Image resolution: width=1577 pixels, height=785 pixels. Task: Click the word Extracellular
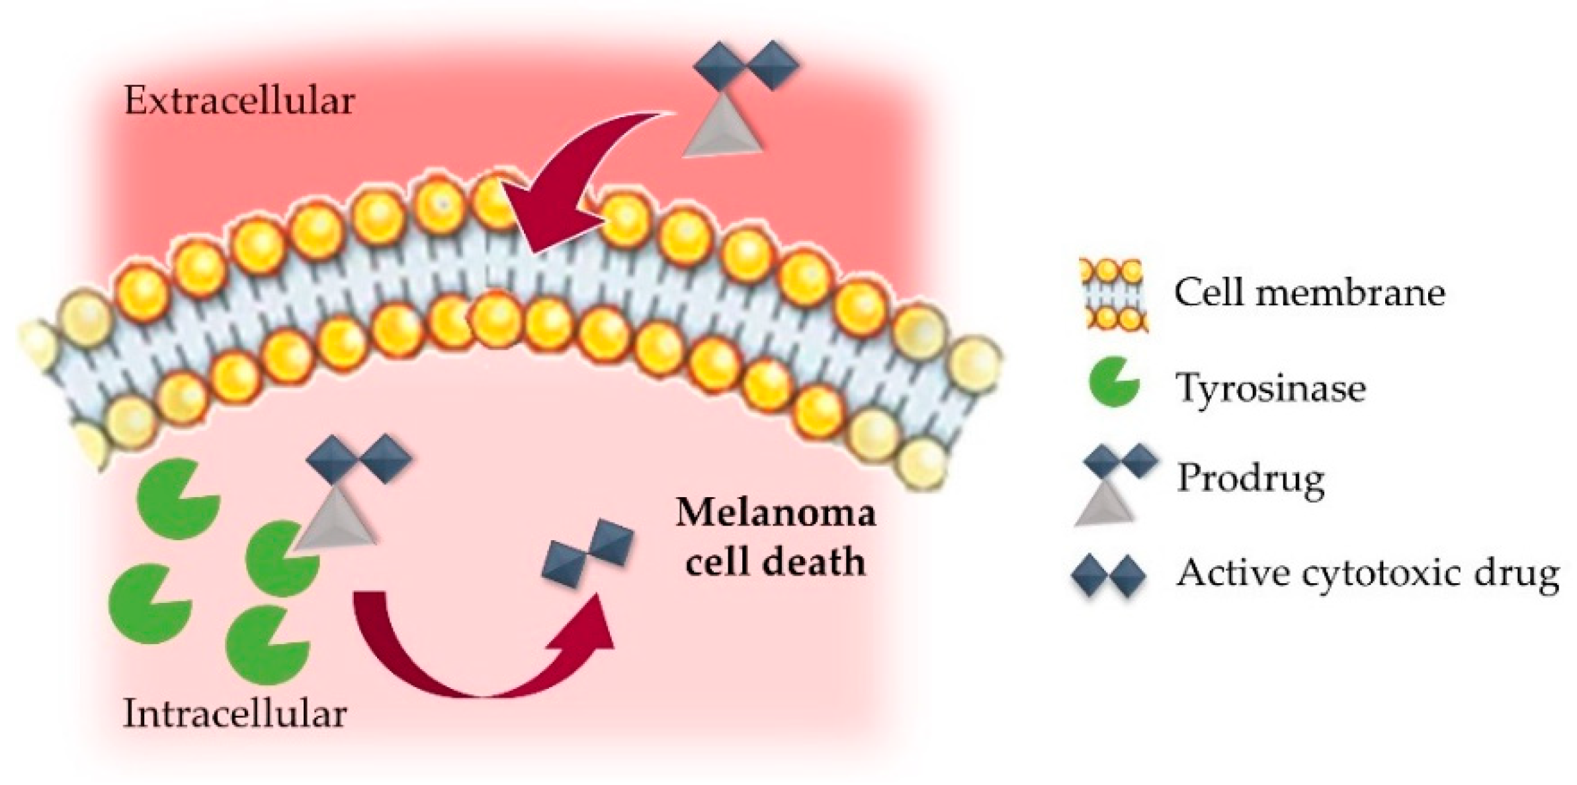239,102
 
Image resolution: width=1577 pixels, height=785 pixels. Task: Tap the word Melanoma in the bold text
775,513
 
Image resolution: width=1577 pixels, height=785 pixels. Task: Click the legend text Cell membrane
1309,292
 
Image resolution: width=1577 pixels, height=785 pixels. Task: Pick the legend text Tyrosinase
1270,388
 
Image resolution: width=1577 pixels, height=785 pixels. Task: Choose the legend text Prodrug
1250,478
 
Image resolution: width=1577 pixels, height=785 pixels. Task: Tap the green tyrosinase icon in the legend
1113,382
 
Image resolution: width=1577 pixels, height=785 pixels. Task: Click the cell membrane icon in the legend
1114,294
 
